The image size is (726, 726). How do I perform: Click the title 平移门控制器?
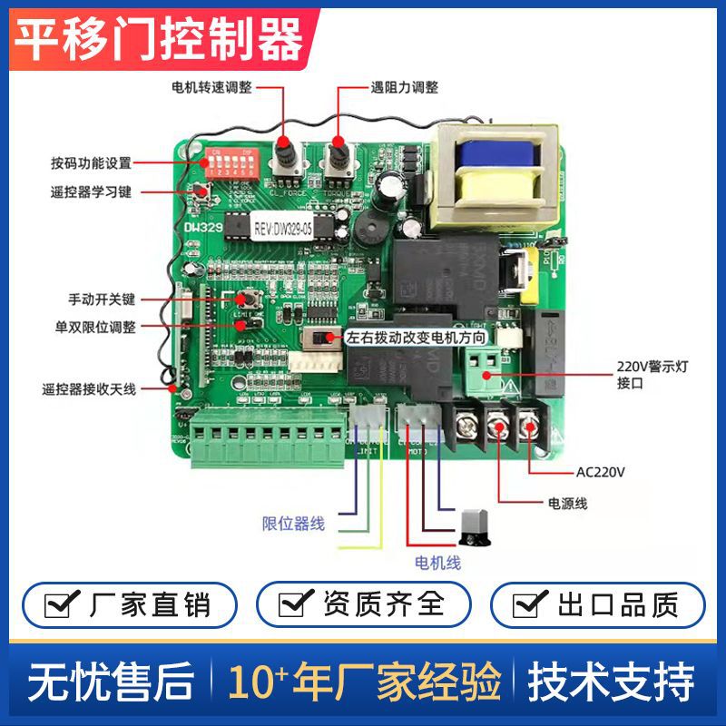pyautogui.click(x=161, y=39)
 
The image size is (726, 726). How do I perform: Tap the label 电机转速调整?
pyautogui.click(x=211, y=88)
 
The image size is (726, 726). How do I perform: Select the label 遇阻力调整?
pyautogui.click(x=404, y=88)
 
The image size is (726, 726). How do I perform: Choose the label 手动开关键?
pyautogui.click(x=102, y=299)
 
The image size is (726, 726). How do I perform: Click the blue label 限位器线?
pyautogui.click(x=293, y=524)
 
